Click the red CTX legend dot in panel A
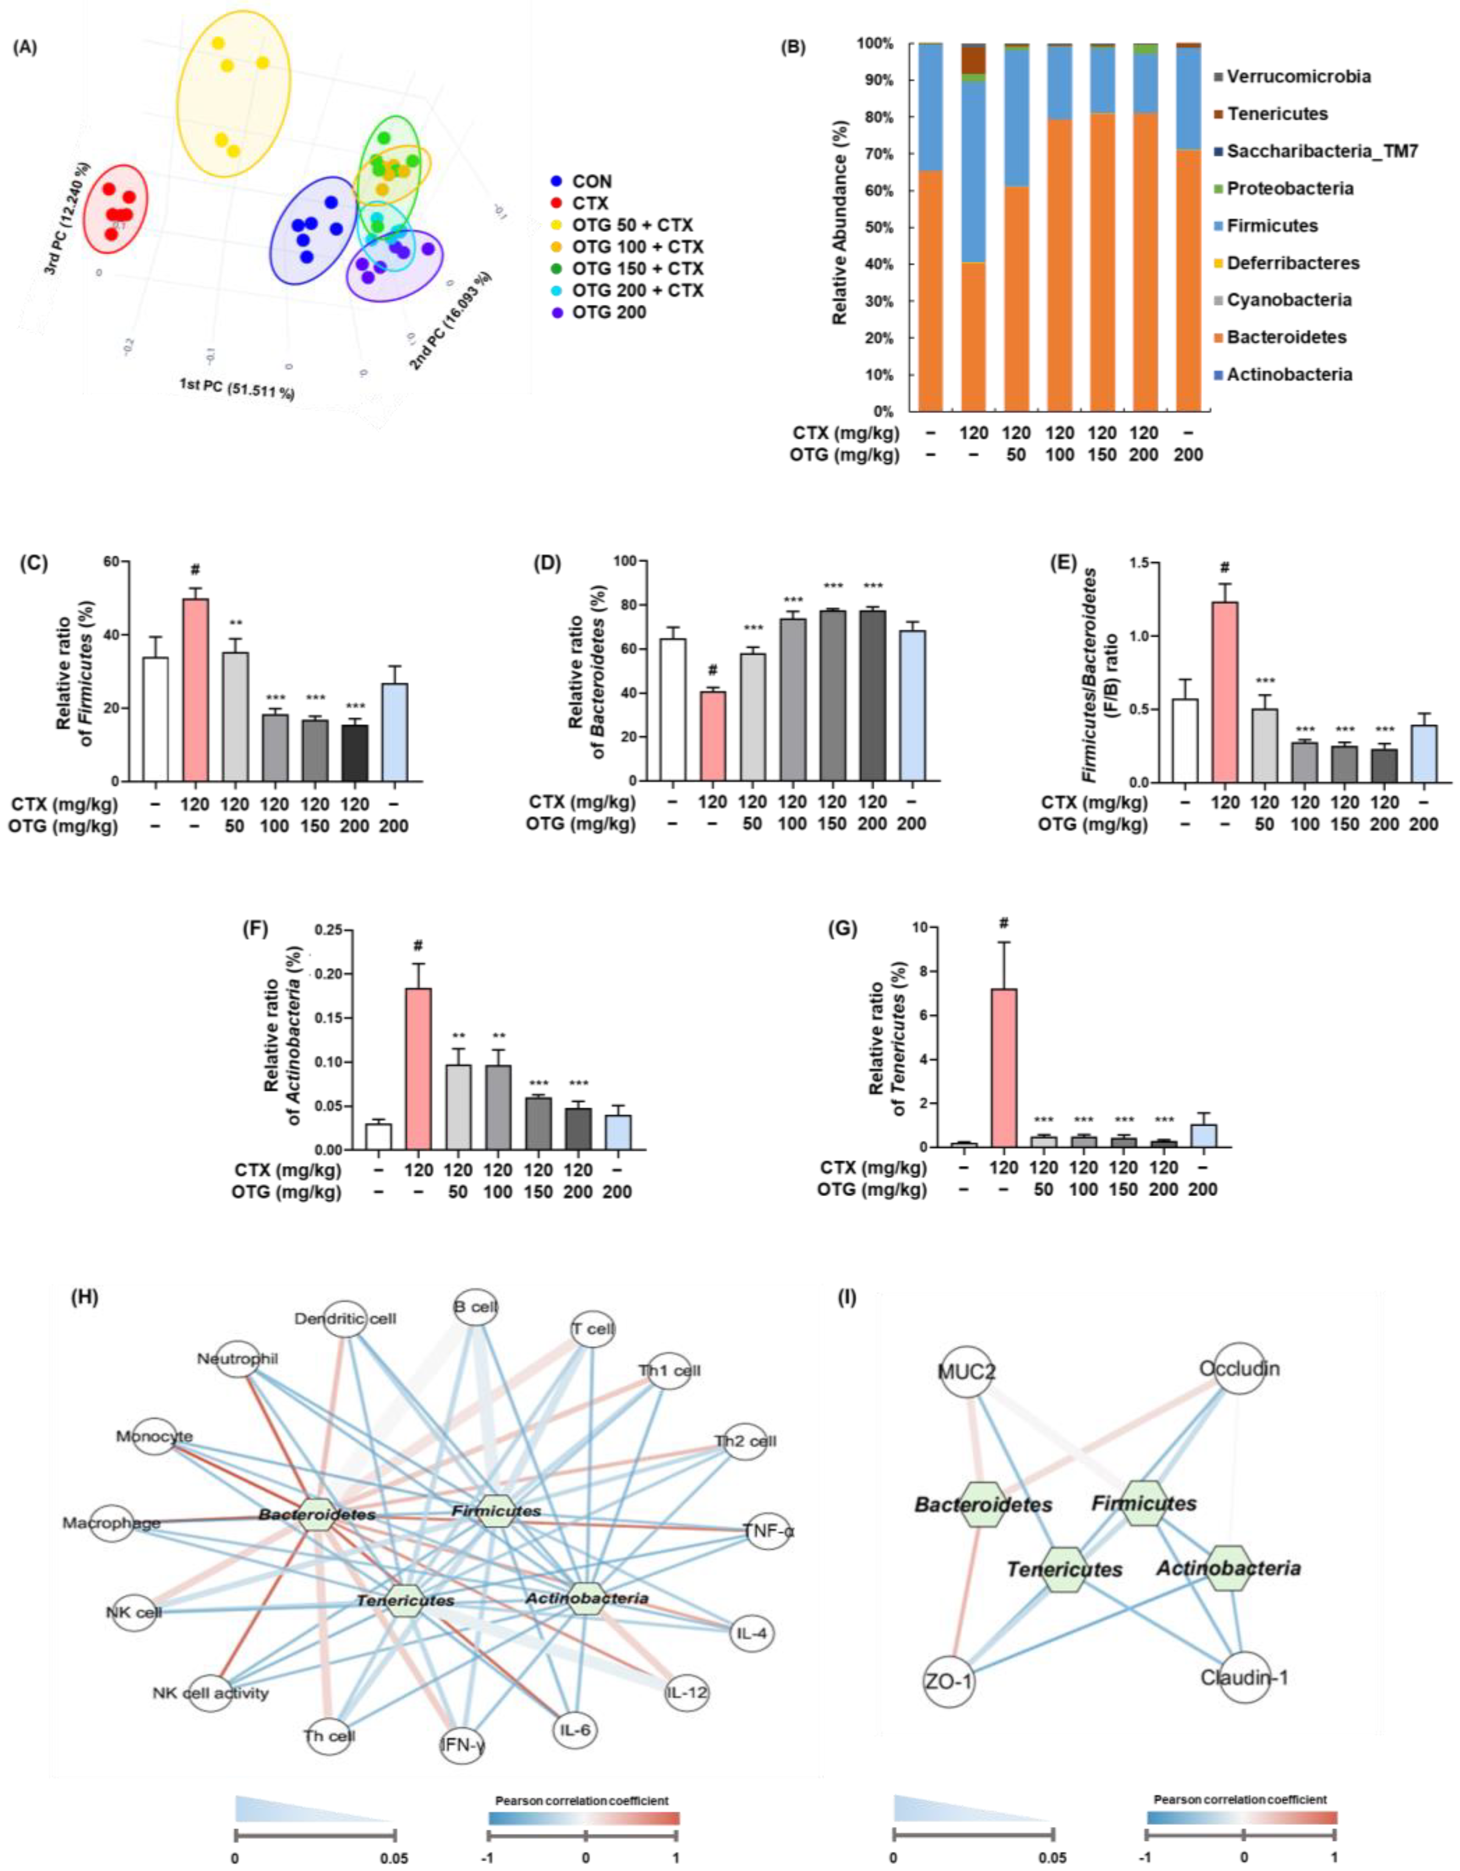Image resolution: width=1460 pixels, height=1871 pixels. pos(557,203)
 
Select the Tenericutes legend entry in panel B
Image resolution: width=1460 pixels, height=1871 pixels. pos(1277,114)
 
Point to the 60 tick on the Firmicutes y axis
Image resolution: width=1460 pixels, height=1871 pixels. pos(114,561)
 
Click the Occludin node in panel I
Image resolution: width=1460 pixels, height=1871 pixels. pos(1239,1368)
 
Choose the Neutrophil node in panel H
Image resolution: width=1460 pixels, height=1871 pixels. pos(237,1360)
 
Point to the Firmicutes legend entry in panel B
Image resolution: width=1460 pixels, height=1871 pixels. pos(1272,226)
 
